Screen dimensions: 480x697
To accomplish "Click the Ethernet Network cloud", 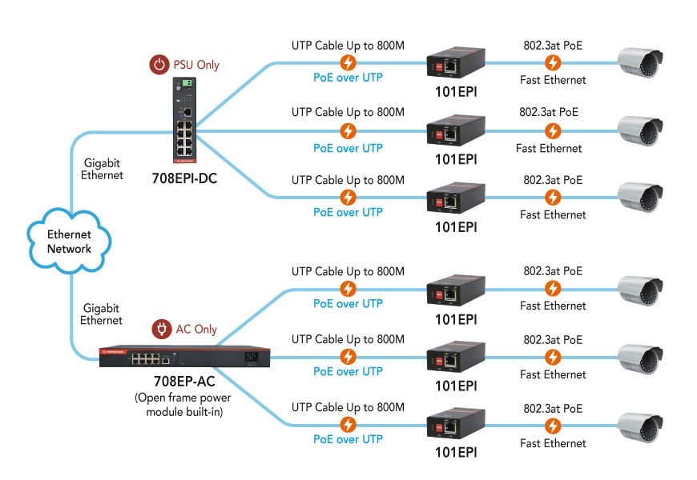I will pyautogui.click(x=69, y=241).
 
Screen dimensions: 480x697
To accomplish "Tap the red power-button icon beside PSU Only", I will pyautogui.click(x=161, y=65).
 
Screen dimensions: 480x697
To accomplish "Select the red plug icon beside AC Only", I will pyautogui.click(x=162, y=329).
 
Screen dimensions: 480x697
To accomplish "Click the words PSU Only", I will pyautogui.click(x=197, y=65).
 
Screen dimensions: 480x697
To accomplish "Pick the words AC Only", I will pyautogui.click(x=196, y=329).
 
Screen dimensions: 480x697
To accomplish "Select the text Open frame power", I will pyautogui.click(x=184, y=398).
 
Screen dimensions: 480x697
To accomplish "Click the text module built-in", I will pyautogui.click(x=184, y=412).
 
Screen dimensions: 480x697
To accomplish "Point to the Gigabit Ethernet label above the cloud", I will pyautogui.click(x=102, y=169).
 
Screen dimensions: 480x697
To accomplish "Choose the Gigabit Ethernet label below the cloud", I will pyautogui.click(x=102, y=314).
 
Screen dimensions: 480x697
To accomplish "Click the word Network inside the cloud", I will pyautogui.click(x=69, y=249).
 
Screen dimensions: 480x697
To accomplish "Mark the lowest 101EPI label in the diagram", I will pyautogui.click(x=456, y=452).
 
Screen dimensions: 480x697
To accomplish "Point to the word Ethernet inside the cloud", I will pyautogui.click(x=69, y=234).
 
